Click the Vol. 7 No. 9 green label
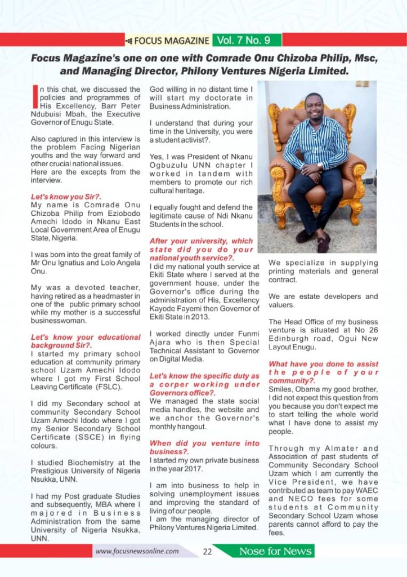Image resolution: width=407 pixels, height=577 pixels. [247, 40]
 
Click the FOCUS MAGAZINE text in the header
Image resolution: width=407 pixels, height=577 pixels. [168, 41]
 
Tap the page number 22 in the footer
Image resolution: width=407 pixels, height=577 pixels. [207, 552]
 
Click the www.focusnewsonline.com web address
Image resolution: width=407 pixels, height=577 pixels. [137, 552]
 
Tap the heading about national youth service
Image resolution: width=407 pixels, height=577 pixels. [201, 250]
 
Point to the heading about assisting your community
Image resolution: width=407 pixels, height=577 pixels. [323, 372]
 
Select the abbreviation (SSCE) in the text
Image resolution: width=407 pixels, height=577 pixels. [90, 437]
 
